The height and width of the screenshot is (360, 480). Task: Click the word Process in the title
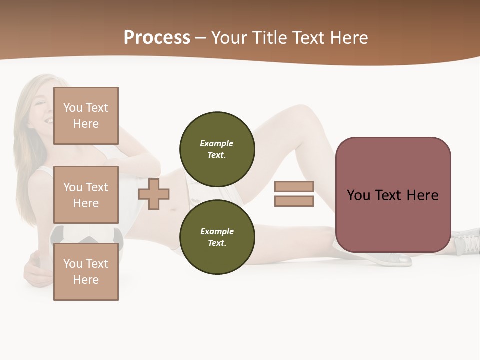[x=157, y=38]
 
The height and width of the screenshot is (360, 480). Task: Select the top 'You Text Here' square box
[x=86, y=116]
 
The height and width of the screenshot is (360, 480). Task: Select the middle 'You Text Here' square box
[x=86, y=195]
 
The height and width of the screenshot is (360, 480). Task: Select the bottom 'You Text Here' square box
[x=86, y=271]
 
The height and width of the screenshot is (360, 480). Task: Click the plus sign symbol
[x=154, y=194]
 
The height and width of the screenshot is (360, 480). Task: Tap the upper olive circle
[x=217, y=149]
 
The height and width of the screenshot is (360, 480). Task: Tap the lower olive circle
[x=217, y=237]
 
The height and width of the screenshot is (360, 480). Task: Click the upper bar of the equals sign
[x=294, y=186]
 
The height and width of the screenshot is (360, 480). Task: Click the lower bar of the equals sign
[x=294, y=201]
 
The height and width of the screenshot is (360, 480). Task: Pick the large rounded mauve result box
[x=393, y=220]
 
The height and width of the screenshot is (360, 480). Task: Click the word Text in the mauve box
[x=388, y=195]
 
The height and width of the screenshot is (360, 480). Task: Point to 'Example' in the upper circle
[x=216, y=143]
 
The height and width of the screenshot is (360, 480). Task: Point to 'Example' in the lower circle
[x=217, y=231]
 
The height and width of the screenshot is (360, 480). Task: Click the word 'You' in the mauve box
[x=358, y=195]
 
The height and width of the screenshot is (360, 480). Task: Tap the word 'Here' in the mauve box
[x=422, y=195]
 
